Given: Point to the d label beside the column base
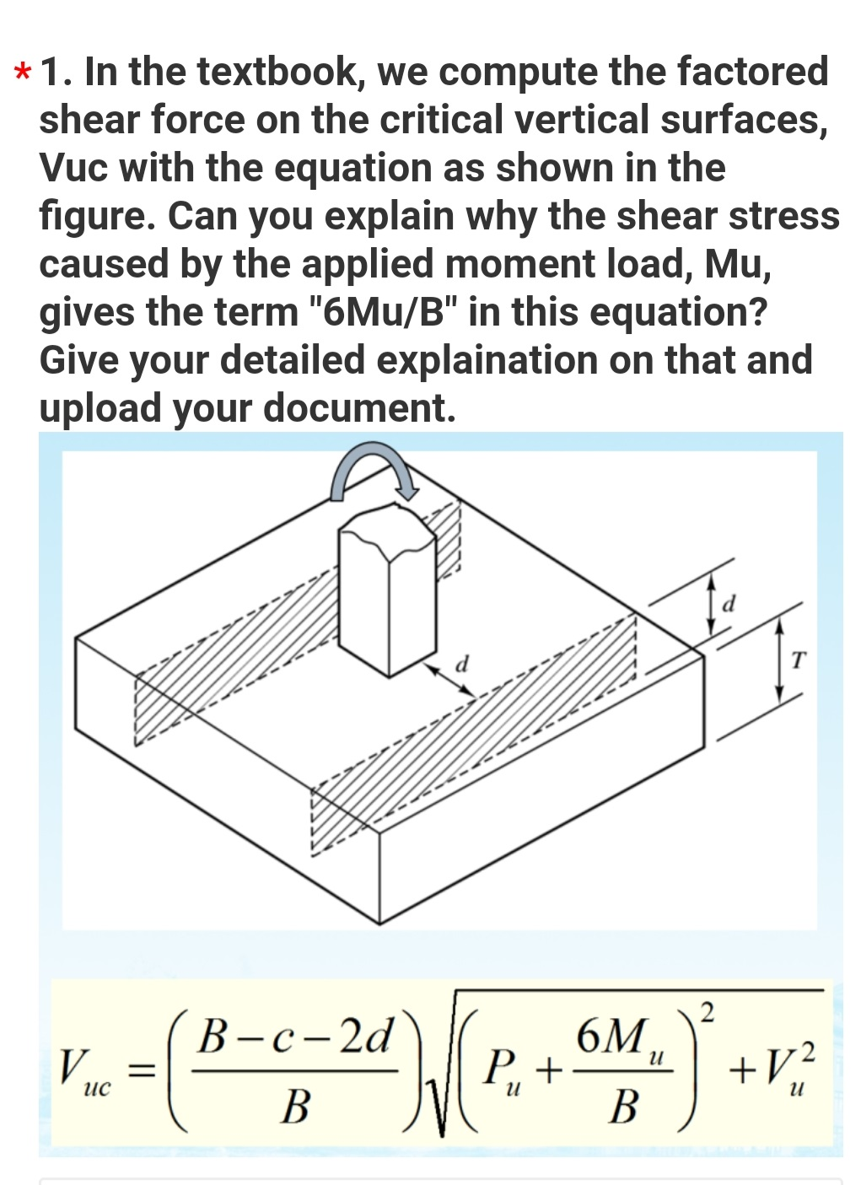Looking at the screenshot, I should point(461,663).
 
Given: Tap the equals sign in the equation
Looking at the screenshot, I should point(144,1072).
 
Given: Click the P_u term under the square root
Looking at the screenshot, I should point(503,1073).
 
